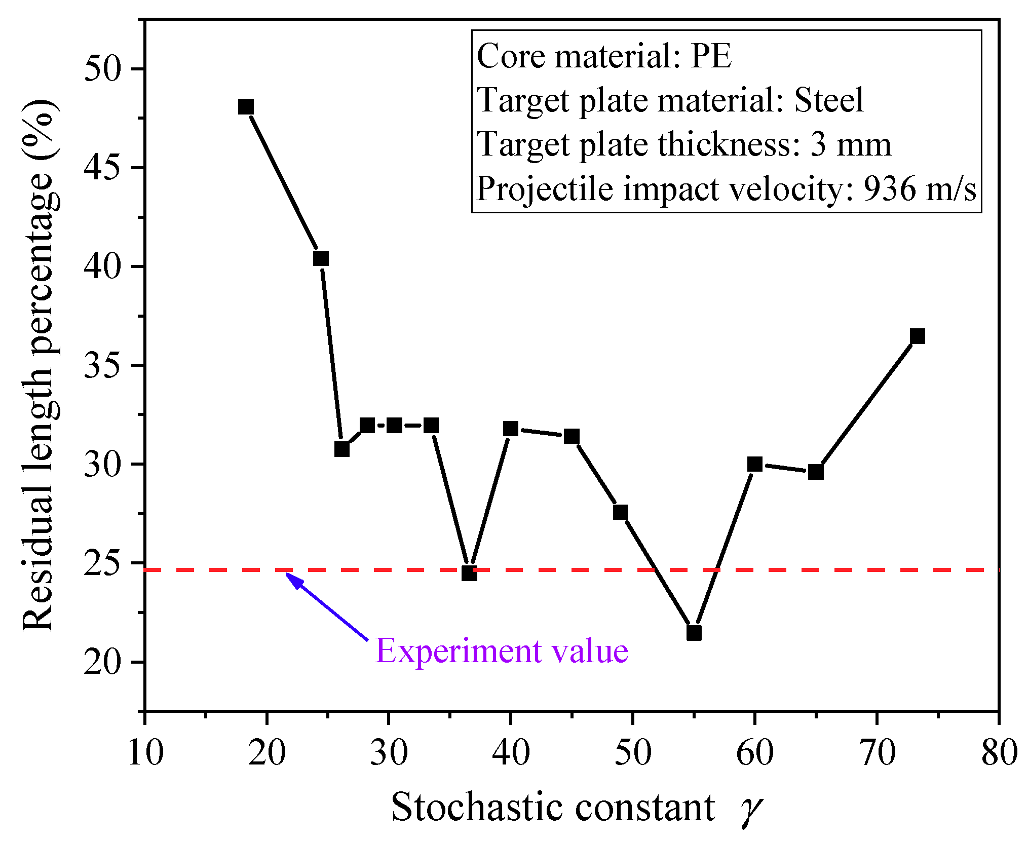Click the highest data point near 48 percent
pyautogui.click(x=246, y=107)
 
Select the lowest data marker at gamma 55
pyautogui.click(x=694, y=633)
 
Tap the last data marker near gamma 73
pyautogui.click(x=918, y=336)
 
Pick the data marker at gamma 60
pyautogui.click(x=755, y=464)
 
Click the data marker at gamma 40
pyautogui.click(x=511, y=429)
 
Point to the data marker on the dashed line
pyautogui.click(x=469, y=573)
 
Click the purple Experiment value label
pyautogui.click(x=502, y=650)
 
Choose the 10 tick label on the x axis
pyautogui.click(x=146, y=752)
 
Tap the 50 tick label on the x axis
pyautogui.click(x=633, y=752)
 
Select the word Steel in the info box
pyautogui.click(x=829, y=100)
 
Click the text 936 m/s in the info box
pyautogui.click(x=920, y=189)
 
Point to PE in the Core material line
pyautogui.click(x=711, y=56)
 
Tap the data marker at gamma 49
pyautogui.click(x=621, y=512)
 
